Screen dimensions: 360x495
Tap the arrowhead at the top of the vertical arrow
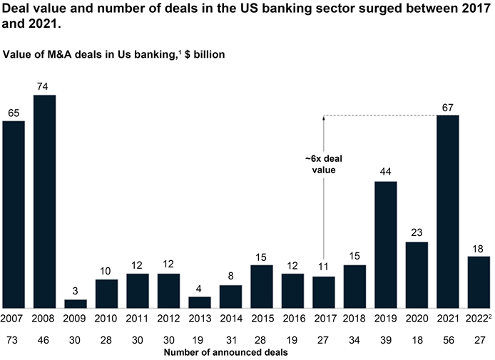pos(324,118)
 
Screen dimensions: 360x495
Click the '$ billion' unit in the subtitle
pos(205,54)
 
